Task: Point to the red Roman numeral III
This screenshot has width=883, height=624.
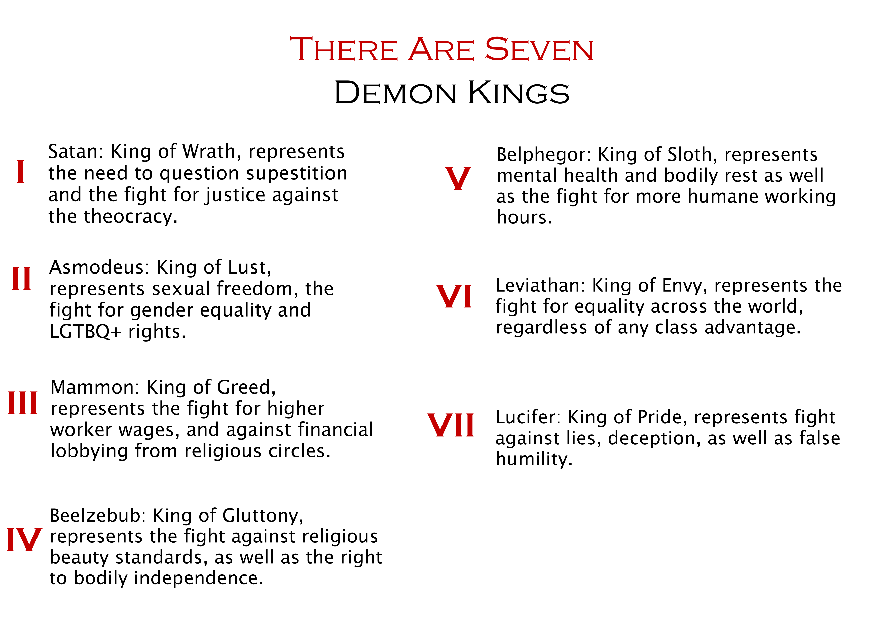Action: click(23, 403)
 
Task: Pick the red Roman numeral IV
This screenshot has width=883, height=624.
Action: click(24, 540)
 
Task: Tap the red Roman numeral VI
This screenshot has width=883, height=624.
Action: click(454, 296)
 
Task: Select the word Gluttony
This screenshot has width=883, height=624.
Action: click(263, 516)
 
